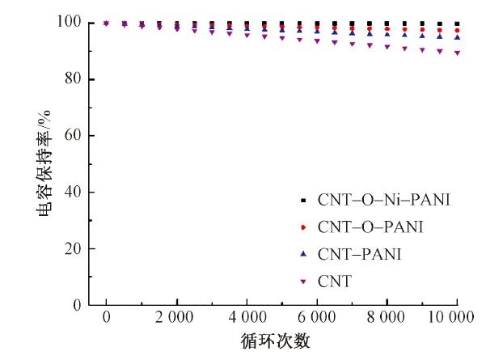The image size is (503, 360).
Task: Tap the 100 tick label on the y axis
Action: point(73,23)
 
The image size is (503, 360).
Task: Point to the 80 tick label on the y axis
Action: point(76,79)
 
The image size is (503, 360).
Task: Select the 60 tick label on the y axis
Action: point(76,136)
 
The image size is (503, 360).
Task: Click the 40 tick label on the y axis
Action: point(76,193)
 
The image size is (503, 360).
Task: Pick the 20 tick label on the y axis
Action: point(76,249)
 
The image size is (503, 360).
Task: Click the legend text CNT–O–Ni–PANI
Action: point(384,199)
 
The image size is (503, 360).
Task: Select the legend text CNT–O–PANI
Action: point(370,227)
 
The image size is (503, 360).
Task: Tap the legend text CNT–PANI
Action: point(359,254)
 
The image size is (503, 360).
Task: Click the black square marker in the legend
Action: point(303,199)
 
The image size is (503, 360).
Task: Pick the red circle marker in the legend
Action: point(303,227)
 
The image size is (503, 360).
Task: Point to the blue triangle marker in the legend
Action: point(303,254)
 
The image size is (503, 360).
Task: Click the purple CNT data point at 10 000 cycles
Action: point(458,53)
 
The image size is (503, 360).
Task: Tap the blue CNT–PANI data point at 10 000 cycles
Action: point(458,36)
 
